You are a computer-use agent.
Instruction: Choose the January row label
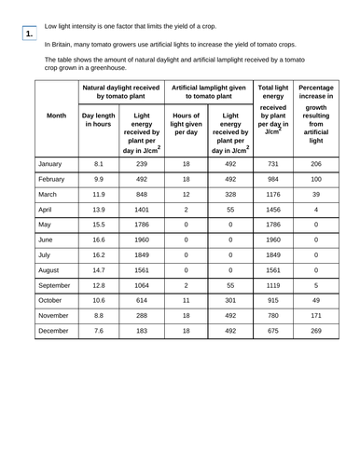(x=53, y=163)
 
